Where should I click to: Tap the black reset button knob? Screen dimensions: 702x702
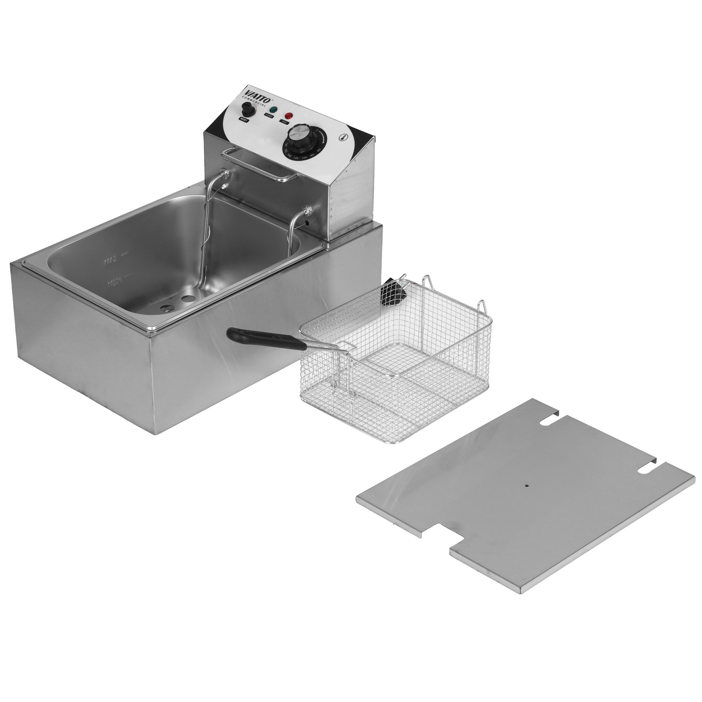pos(247,109)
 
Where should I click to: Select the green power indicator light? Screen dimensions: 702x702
pos(272,110)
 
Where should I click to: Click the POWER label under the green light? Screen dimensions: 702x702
pos(269,116)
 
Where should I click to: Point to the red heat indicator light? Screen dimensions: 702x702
pos(289,116)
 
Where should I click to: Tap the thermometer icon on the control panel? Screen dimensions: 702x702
pos(342,137)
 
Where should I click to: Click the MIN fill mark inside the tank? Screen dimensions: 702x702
pos(114,280)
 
